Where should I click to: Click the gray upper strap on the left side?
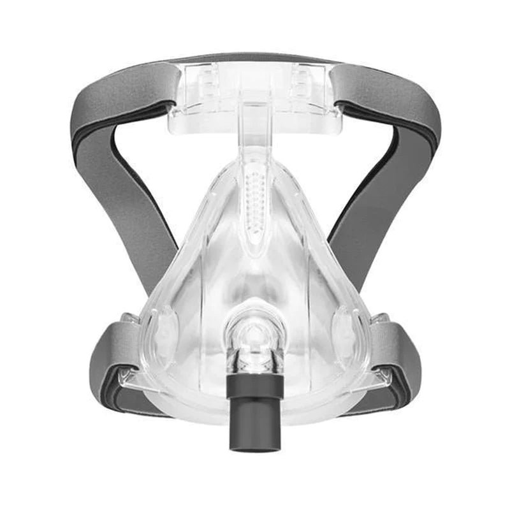121,96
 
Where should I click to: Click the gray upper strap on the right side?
389,96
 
